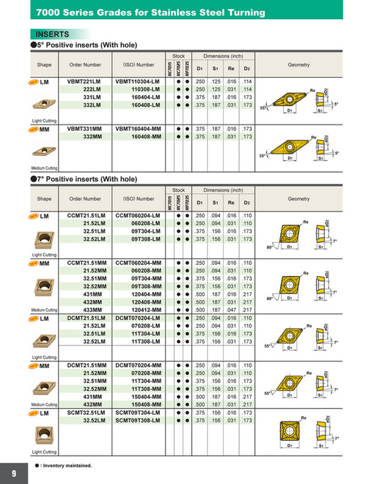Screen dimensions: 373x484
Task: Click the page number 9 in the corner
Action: [x=13, y=473]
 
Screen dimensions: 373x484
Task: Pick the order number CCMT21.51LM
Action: [x=83, y=214]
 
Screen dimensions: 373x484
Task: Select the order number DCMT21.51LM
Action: [x=83, y=318]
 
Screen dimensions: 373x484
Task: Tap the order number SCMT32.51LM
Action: [x=83, y=413]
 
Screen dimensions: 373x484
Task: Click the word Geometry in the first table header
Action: [x=299, y=64]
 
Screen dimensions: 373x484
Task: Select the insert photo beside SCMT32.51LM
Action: [x=45, y=433]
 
